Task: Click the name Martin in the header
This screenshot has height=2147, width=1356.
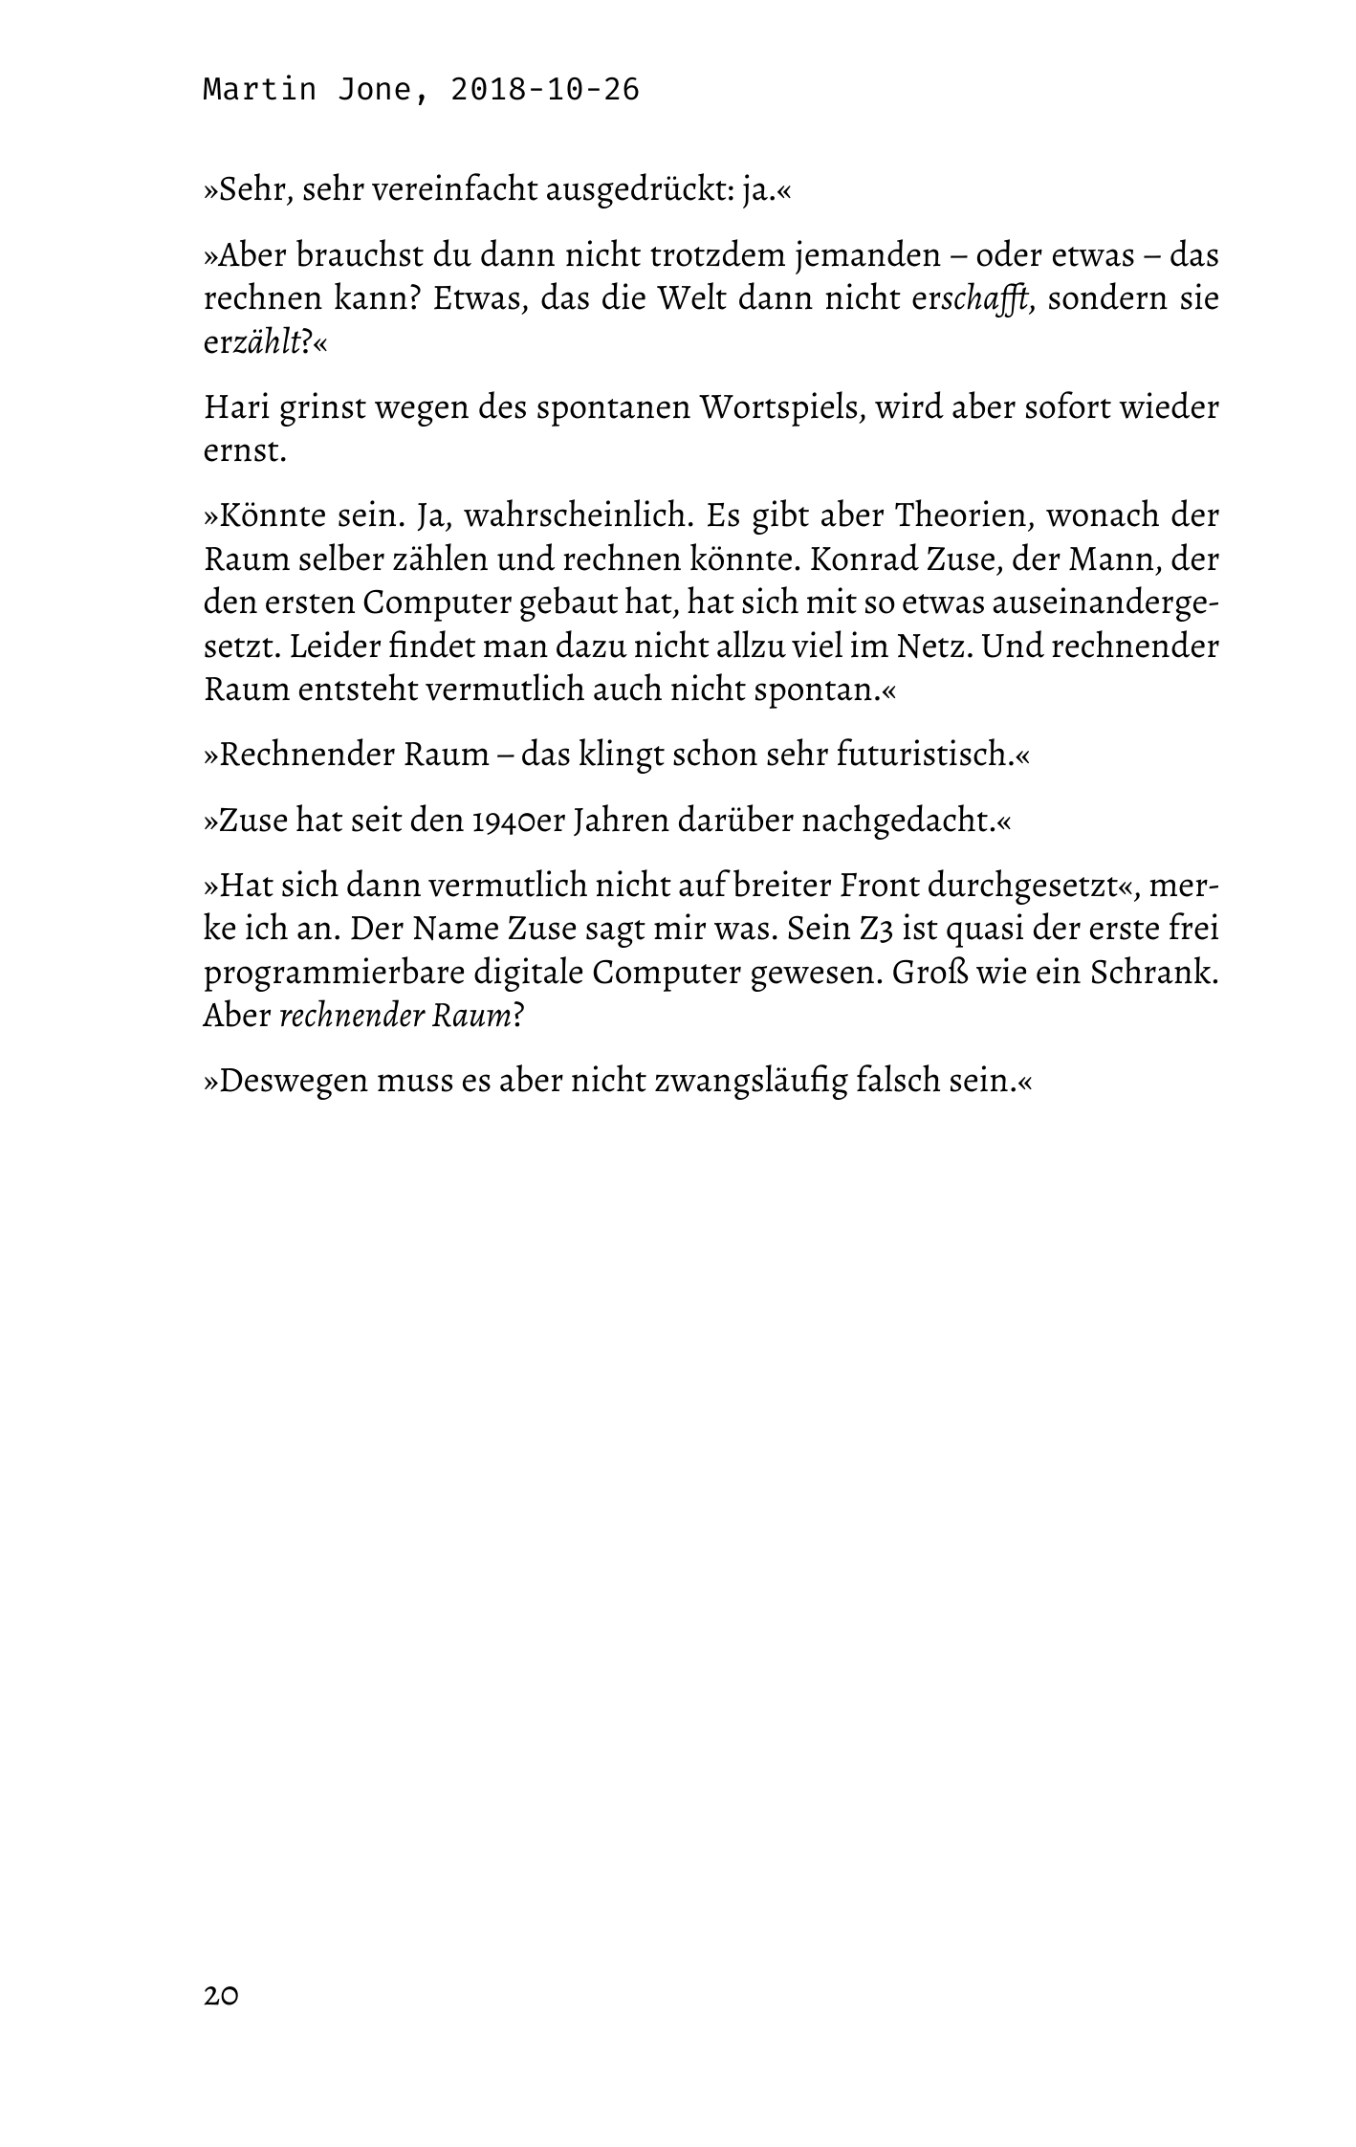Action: (x=259, y=90)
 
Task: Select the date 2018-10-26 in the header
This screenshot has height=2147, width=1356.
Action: (x=544, y=90)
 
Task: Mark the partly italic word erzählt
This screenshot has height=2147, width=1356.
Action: (x=252, y=343)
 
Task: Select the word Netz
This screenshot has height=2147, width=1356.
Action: (x=933, y=646)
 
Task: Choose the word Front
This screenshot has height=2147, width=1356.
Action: (x=879, y=886)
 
